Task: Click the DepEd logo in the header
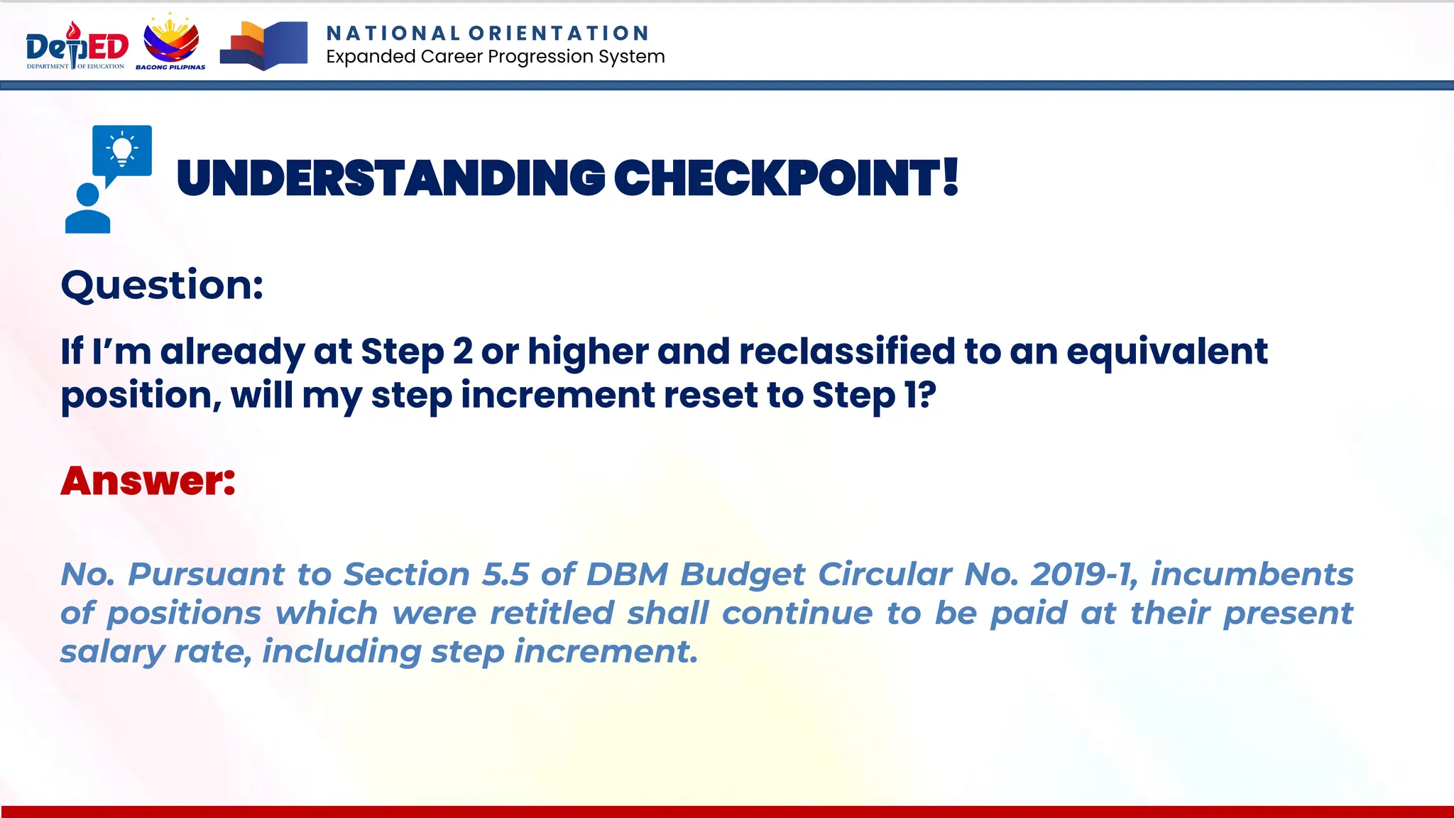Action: coord(77,46)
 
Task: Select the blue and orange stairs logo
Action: coord(263,45)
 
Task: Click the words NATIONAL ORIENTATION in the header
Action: coord(488,33)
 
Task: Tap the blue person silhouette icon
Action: coord(87,209)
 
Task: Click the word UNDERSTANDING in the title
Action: coord(390,178)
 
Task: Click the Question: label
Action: coord(162,285)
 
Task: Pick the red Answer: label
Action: coord(148,481)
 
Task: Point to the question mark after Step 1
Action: coord(927,395)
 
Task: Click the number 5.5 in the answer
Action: coord(505,574)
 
